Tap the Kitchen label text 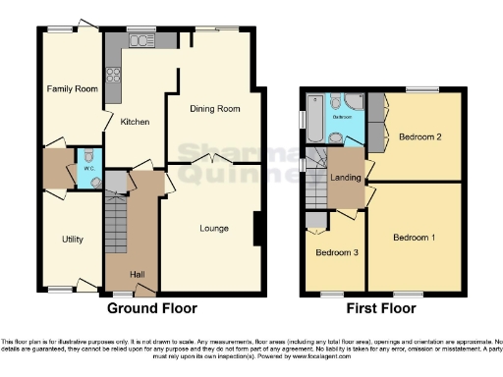(x=134, y=123)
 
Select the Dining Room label (x=214, y=109)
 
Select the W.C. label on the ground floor (x=88, y=167)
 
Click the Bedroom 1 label (x=414, y=238)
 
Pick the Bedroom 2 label (x=419, y=137)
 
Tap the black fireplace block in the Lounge (x=257, y=228)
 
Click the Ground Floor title (x=151, y=308)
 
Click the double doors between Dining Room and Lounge (x=214, y=160)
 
